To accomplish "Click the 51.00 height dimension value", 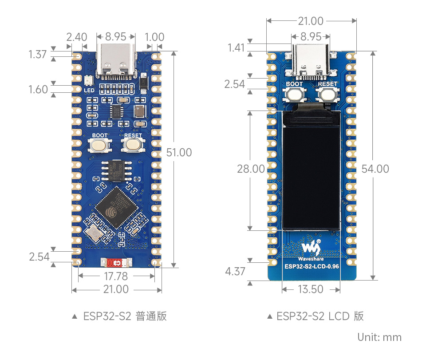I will (179, 153).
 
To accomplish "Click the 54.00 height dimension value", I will (375, 169).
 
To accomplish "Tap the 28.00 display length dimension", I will (251, 169).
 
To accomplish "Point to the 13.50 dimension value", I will (311, 289).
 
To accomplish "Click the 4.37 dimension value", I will (235, 271).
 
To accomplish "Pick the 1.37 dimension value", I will (38, 55).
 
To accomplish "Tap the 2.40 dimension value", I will (76, 37).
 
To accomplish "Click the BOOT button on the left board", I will (99, 144).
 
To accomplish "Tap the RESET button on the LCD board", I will (327, 94).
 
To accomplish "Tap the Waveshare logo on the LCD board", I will (311, 248).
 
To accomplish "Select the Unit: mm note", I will (379, 337).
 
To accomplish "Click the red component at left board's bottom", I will (116, 263).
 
